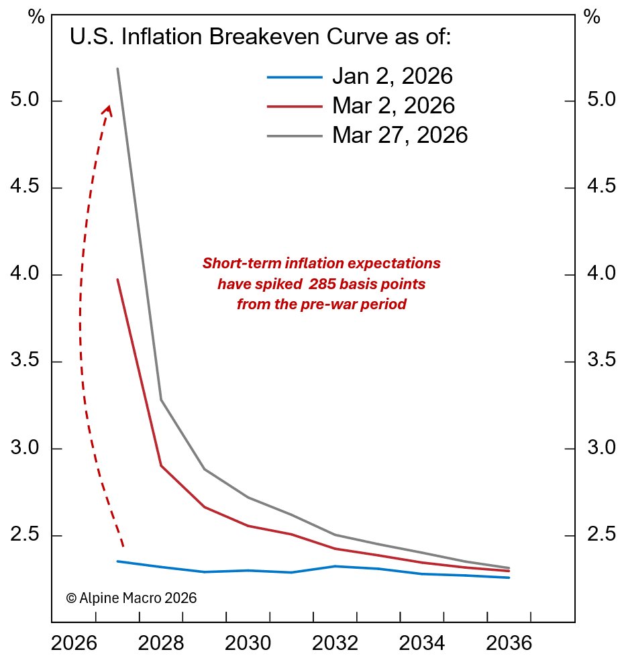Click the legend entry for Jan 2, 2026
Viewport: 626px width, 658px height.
point(392,76)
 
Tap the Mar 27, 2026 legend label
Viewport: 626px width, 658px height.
point(399,135)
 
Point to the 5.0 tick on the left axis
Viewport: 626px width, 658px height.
point(28,101)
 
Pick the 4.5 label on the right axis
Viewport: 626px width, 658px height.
point(601,187)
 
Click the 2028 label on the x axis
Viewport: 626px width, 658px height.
point(161,645)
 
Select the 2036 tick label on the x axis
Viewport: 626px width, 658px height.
point(509,645)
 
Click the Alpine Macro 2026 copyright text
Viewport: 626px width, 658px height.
point(131,598)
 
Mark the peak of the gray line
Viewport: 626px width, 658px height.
point(117,68)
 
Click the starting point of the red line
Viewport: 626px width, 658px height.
point(117,280)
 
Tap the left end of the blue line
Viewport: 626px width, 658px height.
point(117,561)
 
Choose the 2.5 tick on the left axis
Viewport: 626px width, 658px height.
point(28,536)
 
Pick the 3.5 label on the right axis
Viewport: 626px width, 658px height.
point(601,362)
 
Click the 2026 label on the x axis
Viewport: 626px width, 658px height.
point(74,645)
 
